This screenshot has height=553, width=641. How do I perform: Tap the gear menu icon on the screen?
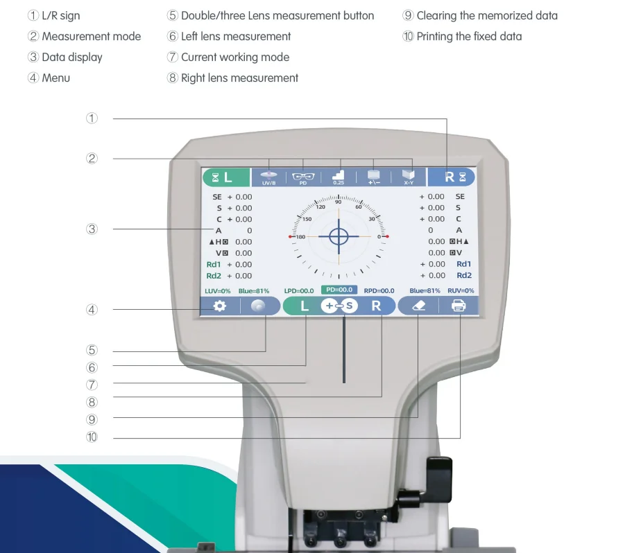(x=220, y=306)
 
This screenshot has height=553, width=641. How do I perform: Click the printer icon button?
(x=459, y=306)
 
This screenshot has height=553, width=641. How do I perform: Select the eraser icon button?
(x=419, y=306)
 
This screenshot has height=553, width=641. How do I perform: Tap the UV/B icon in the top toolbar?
(x=269, y=177)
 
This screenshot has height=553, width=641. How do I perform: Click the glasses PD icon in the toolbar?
(x=303, y=177)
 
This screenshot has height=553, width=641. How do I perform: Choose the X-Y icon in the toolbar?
(x=409, y=177)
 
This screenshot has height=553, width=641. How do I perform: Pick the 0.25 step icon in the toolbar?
(x=339, y=177)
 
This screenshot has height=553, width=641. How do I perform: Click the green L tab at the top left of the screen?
(x=225, y=177)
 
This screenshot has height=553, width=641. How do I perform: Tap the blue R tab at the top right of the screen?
(x=451, y=177)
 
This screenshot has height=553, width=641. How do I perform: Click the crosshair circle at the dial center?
(x=339, y=236)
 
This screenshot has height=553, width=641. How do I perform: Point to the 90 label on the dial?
(x=339, y=202)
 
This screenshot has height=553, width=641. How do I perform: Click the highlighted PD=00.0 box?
(x=339, y=290)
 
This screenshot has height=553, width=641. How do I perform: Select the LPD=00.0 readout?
(x=299, y=291)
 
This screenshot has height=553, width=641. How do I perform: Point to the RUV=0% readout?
(x=461, y=291)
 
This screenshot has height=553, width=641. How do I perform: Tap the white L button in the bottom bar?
(x=304, y=306)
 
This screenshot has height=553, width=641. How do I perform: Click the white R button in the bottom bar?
(x=376, y=306)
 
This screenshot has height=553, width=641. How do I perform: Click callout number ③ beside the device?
(x=92, y=229)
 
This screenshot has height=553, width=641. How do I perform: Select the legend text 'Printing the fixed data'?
(x=469, y=37)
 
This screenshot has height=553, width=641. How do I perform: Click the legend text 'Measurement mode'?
(x=91, y=37)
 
